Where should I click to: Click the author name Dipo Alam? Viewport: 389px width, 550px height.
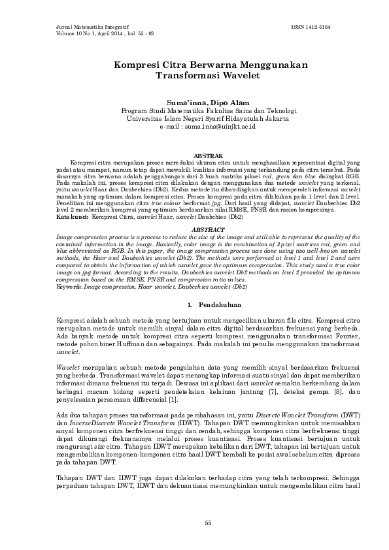tap(228, 103)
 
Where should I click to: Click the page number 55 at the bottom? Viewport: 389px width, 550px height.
tap(209, 523)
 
